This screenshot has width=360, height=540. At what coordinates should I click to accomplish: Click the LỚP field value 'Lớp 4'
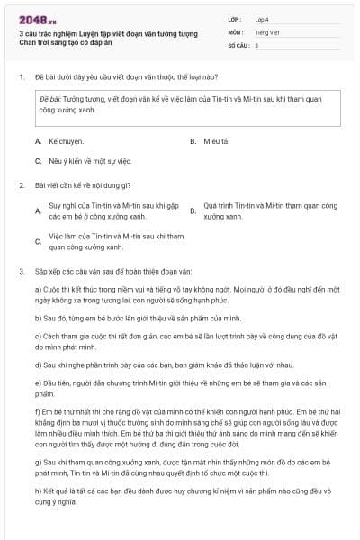tap(263, 19)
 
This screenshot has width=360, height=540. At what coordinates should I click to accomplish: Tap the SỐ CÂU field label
tap(237, 44)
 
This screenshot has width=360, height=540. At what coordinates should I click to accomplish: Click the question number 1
tap(21, 76)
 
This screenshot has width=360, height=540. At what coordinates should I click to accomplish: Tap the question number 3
tap(21, 270)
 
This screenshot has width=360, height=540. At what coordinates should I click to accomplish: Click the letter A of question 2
tap(38, 211)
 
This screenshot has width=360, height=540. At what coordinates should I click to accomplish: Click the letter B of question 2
tap(193, 211)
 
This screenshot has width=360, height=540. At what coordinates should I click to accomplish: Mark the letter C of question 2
tap(38, 241)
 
